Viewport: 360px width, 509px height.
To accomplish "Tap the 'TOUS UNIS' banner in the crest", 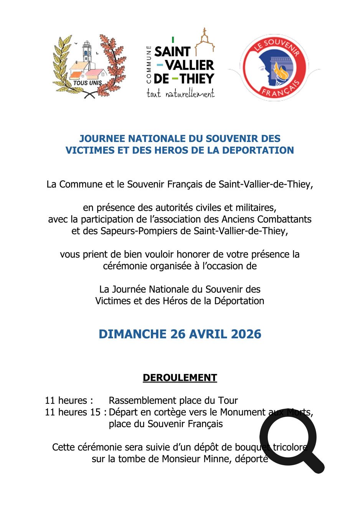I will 88,83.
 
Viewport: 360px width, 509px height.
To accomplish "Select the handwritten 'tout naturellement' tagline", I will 180,93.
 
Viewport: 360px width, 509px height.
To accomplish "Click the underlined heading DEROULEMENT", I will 180,378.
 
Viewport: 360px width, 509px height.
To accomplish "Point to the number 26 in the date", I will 178,334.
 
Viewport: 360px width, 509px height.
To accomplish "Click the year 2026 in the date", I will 246,334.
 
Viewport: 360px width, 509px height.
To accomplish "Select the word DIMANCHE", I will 132,334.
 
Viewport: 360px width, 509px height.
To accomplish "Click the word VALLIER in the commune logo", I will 190,65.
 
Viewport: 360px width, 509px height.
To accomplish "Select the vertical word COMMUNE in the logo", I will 149,64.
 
